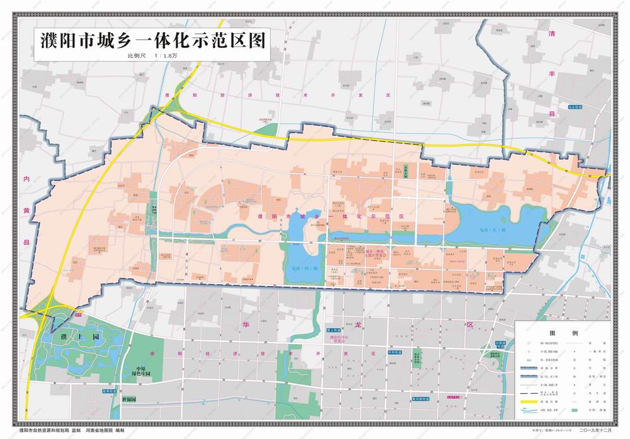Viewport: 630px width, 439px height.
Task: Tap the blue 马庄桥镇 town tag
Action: tap(575, 108)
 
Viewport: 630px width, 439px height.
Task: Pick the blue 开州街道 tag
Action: tap(395, 353)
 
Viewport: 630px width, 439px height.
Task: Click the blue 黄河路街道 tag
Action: tap(416, 398)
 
